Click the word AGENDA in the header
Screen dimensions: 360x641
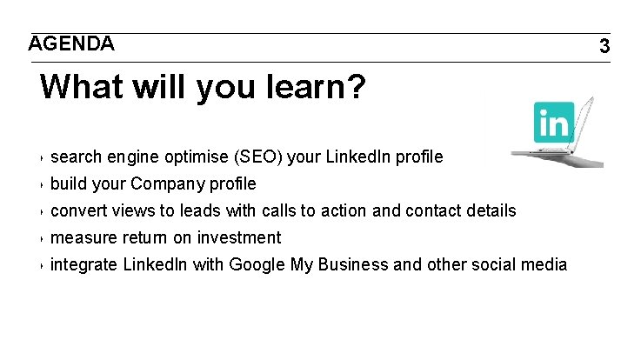click(x=71, y=43)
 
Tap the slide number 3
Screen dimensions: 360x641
click(x=604, y=46)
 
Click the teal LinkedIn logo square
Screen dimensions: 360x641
click(x=554, y=122)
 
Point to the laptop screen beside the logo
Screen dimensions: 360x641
click(x=585, y=122)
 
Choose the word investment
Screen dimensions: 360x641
click(x=239, y=238)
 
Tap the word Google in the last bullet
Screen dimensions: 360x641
click(x=257, y=265)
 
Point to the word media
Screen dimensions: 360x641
click(x=544, y=265)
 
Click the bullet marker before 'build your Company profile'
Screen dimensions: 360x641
click(x=43, y=185)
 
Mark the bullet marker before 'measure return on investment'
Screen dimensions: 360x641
click(x=43, y=239)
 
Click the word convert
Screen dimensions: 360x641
click(x=79, y=211)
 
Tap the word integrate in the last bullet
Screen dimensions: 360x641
click(x=83, y=265)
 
